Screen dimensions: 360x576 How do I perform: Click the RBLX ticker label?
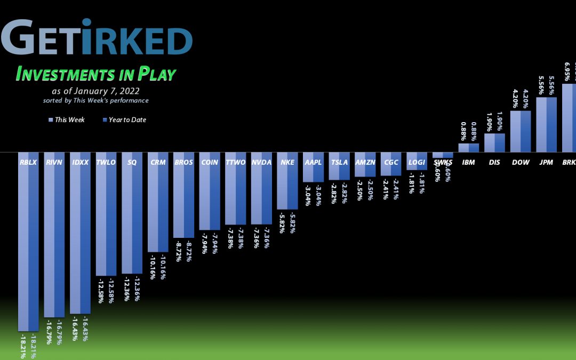(x=28, y=162)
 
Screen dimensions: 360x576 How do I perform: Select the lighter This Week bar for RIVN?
(x=49, y=240)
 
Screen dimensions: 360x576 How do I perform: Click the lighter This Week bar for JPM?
(x=541, y=125)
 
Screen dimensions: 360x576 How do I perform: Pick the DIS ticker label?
(x=494, y=162)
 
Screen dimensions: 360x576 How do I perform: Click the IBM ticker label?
(x=468, y=162)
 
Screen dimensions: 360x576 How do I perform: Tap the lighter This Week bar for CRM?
(x=153, y=208)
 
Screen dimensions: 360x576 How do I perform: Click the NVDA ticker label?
(x=261, y=162)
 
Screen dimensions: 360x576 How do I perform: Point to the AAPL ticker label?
(x=313, y=162)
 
